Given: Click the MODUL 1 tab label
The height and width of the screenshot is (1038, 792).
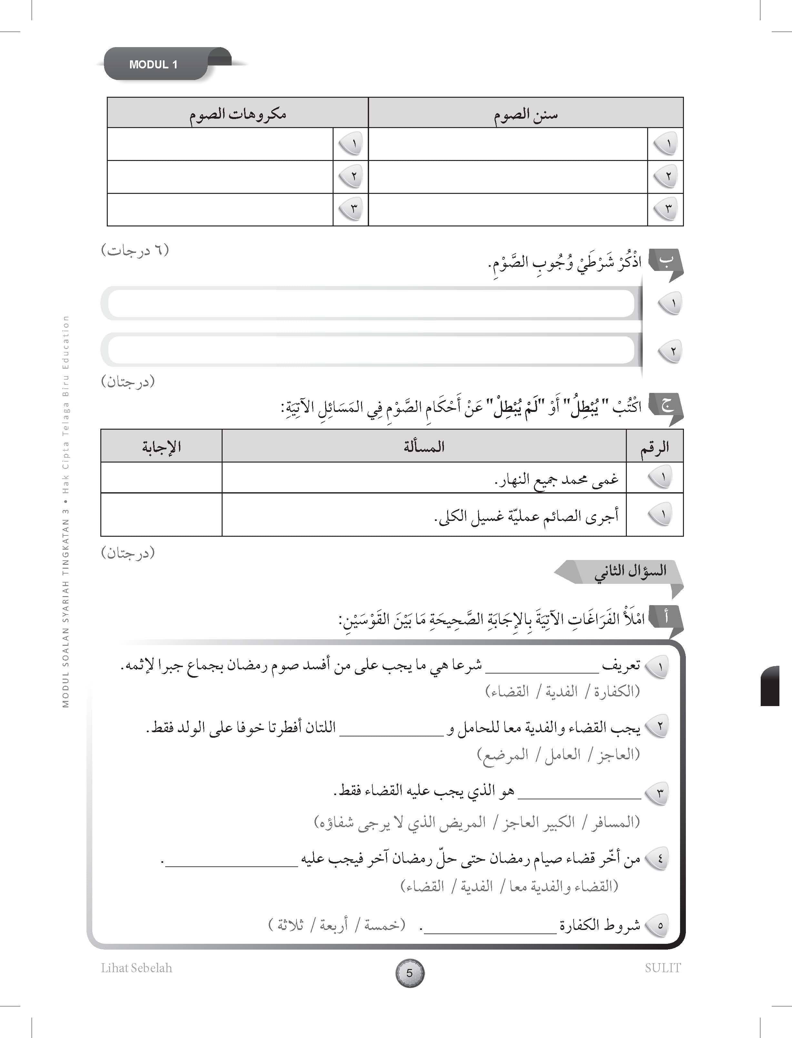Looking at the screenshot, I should tap(153, 65).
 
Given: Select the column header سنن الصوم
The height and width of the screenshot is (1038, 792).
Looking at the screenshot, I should tap(525, 114).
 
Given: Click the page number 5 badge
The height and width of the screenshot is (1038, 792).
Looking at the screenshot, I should tap(409, 973).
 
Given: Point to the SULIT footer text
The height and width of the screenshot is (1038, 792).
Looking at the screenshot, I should tap(662, 968).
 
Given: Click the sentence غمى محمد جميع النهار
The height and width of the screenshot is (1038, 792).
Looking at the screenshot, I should tap(556, 479).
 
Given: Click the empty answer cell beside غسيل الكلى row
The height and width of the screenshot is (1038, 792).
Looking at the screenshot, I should tap(161, 515).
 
